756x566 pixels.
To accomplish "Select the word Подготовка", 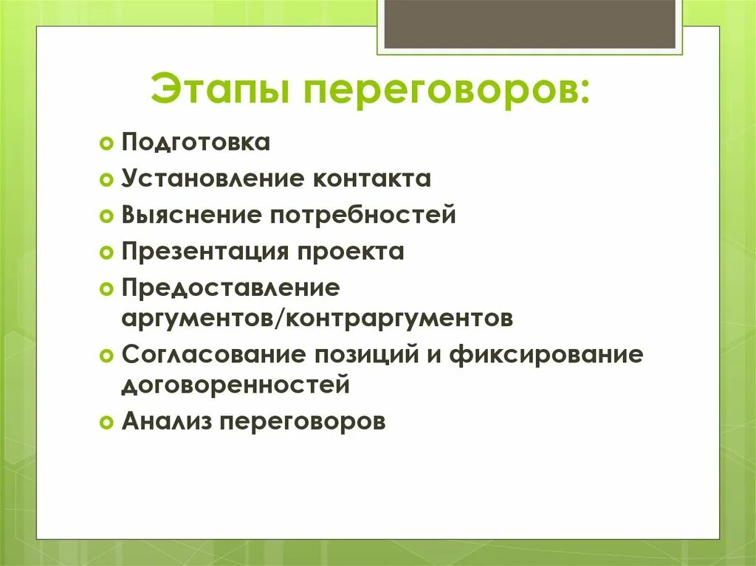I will tap(196, 142).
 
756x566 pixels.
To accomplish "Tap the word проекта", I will tap(351, 252).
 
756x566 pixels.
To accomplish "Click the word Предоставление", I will tap(230, 288).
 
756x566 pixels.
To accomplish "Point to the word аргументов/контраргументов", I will tap(317, 319).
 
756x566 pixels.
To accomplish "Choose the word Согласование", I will tap(214, 354).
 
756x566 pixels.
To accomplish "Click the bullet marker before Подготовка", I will tap(106, 143).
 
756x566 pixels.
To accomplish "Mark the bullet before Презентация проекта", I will tap(106, 252).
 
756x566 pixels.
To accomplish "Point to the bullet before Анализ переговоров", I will tap(106, 422).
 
